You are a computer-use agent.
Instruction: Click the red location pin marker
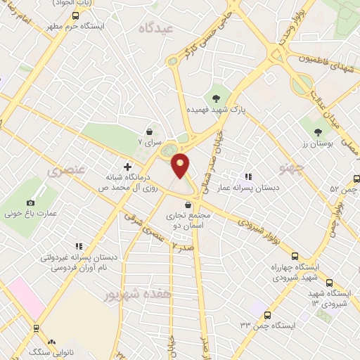(181, 165)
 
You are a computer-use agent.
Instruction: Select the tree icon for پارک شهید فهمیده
(216, 98)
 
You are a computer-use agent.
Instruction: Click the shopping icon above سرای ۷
(149, 131)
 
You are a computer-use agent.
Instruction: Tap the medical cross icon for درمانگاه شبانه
(127, 167)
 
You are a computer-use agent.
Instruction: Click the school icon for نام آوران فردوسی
(79, 246)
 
